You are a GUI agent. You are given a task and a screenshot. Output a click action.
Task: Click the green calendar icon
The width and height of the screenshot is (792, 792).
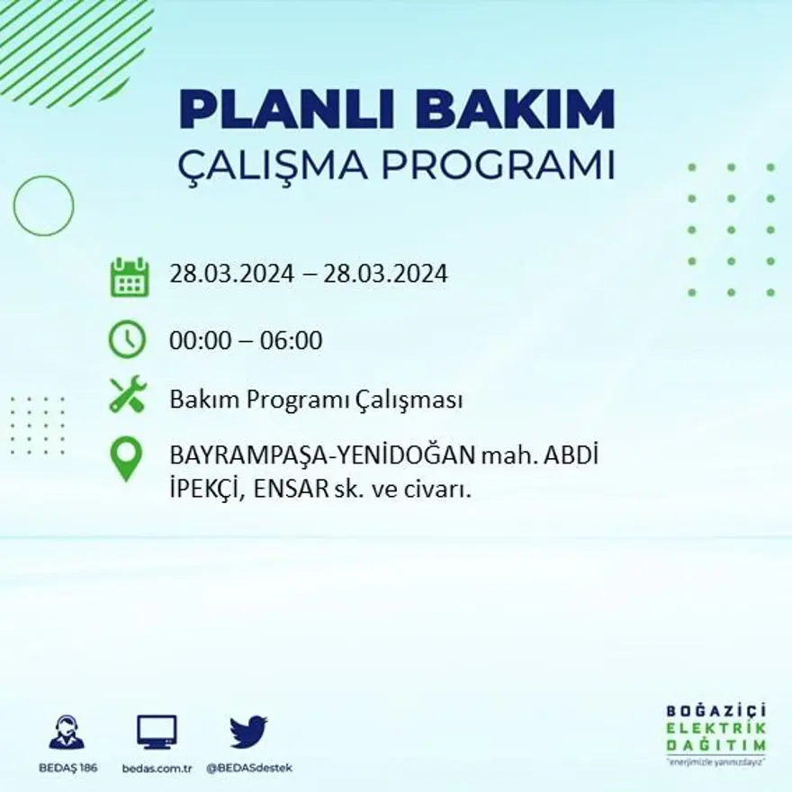pos(129,277)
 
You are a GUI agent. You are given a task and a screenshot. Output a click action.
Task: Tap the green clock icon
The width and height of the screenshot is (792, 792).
pos(127,339)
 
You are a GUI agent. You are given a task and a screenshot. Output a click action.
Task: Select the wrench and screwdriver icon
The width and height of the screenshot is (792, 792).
pos(128,395)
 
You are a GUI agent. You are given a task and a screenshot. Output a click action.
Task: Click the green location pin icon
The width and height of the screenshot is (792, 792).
pos(126,458)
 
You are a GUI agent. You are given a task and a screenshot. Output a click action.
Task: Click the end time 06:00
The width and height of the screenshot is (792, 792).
pos(292,341)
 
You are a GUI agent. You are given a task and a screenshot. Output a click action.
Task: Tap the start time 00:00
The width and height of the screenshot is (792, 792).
pos(198,341)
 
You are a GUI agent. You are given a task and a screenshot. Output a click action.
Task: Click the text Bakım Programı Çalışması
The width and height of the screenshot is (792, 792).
pos(316,400)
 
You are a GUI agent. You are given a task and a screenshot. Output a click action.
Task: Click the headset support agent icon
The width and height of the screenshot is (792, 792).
pos(67,733)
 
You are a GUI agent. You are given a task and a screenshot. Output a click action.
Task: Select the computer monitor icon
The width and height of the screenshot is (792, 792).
pos(157,733)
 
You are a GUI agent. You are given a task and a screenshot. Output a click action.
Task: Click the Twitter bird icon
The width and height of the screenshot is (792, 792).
pos(248,732)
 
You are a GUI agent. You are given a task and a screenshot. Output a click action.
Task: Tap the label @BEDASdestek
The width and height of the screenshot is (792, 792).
pos(249,768)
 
